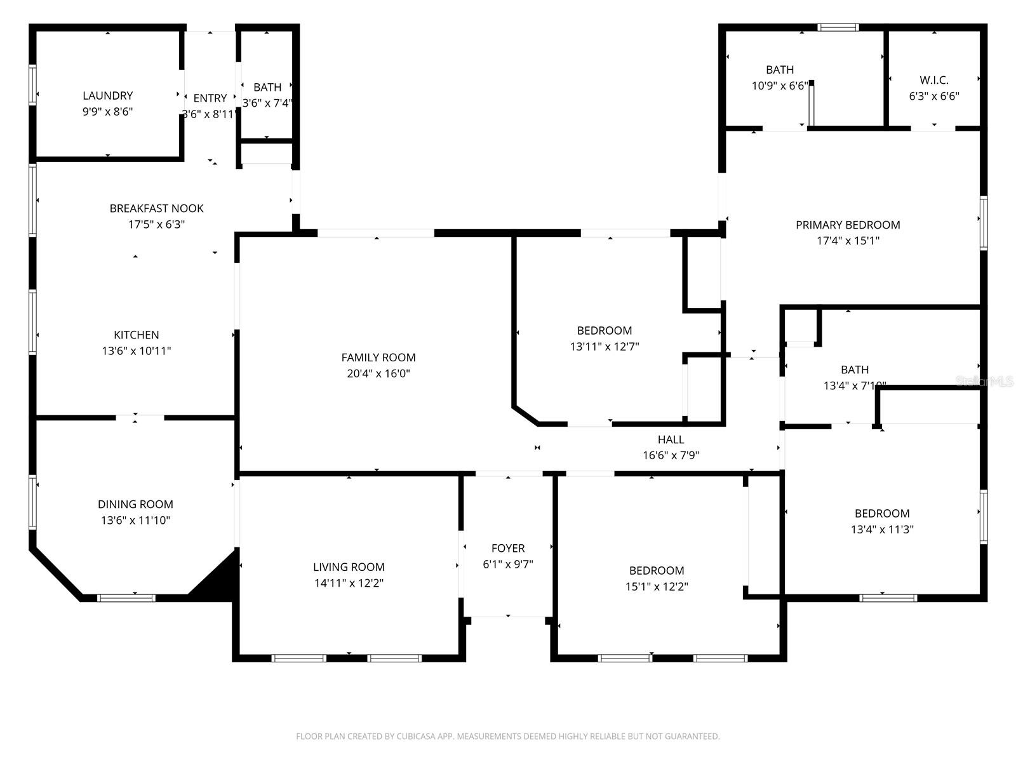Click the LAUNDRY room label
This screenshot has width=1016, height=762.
pos(107,96)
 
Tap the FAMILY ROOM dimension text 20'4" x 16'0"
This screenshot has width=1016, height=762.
pos(378,374)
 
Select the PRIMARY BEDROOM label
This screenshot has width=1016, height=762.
pos(848,225)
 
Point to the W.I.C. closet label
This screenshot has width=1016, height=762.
pos(933,80)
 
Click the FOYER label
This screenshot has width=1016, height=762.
pos(508,548)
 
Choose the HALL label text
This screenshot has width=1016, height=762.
pos(671,439)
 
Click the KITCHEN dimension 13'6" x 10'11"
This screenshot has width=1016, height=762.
pos(137,351)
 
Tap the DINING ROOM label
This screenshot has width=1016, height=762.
pos(135,504)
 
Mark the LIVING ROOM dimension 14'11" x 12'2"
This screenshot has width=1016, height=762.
pos(349,584)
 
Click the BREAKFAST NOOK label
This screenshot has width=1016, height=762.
pos(156,208)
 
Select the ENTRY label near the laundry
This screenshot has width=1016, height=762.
pos(210,98)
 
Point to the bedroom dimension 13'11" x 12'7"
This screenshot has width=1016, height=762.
pos(605,347)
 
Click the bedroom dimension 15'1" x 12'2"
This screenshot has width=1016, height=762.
pos(657,587)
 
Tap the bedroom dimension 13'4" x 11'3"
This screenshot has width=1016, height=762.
pos(882,530)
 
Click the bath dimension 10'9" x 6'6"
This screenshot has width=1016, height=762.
pos(780,86)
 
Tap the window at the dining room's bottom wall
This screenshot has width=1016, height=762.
pos(126,598)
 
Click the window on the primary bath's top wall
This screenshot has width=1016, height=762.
pos(838,27)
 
